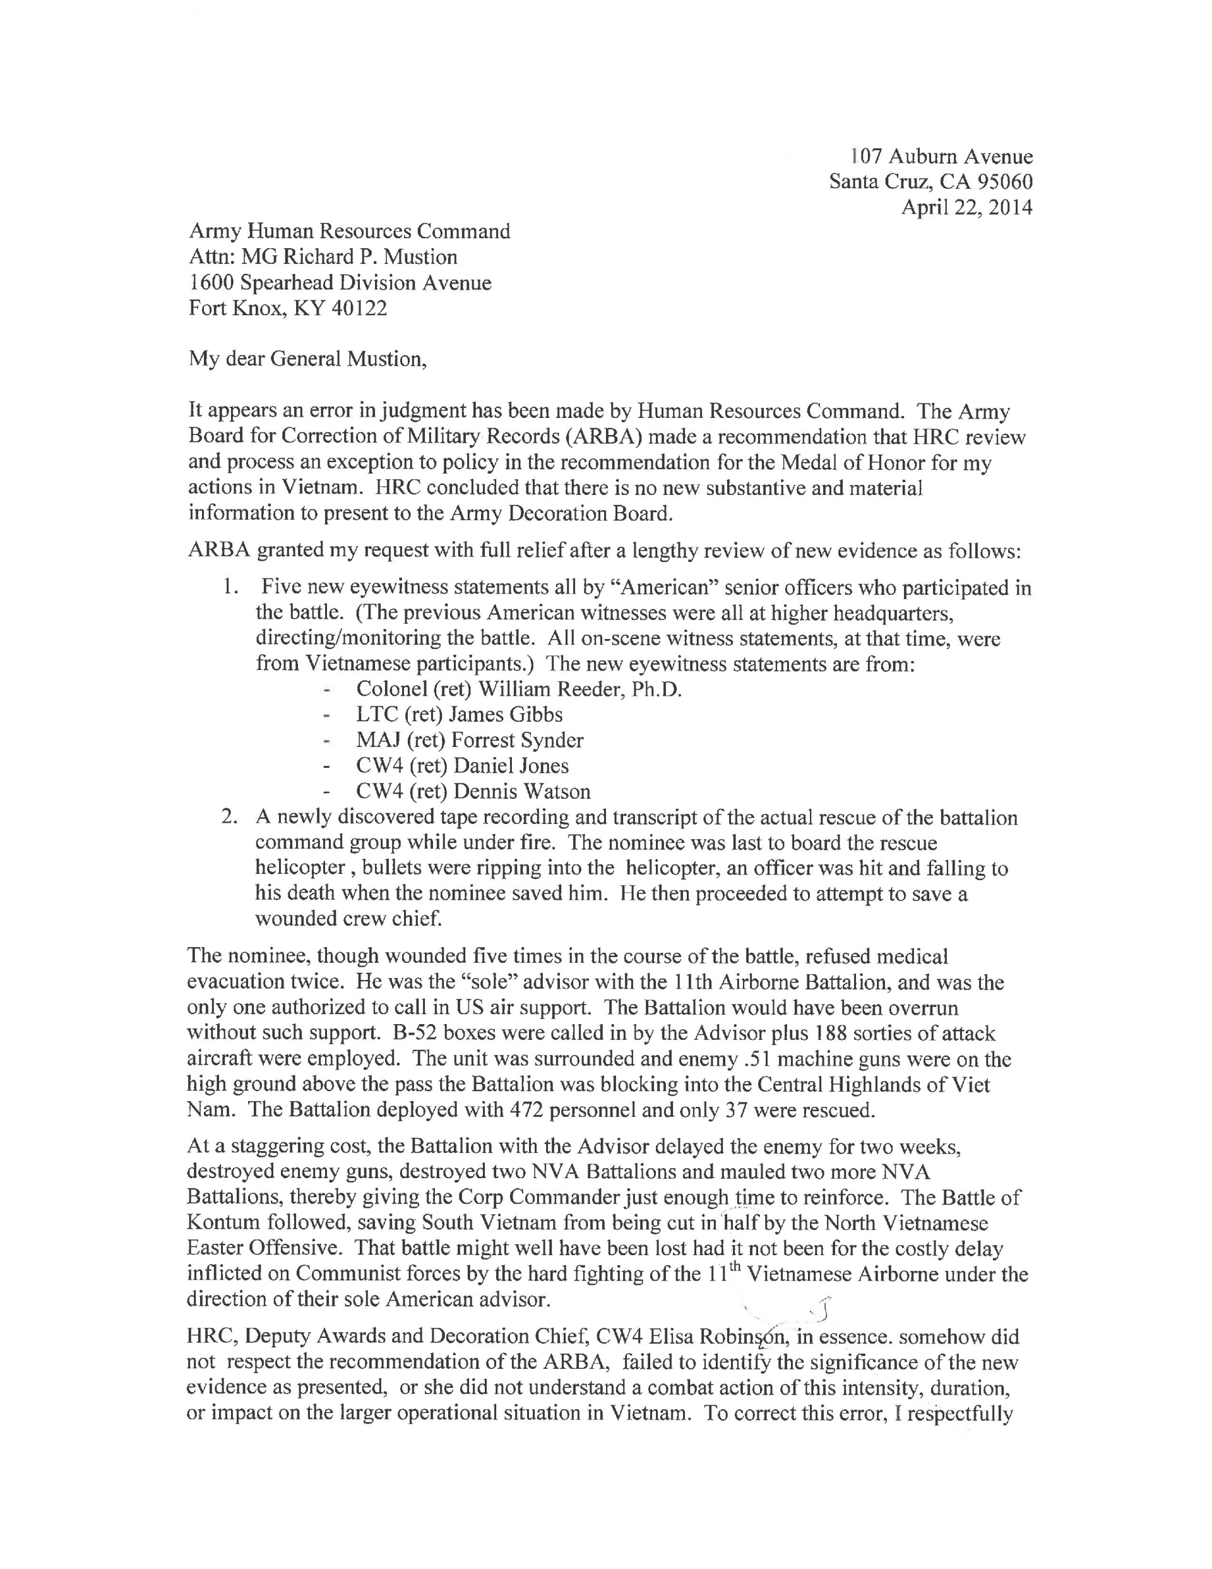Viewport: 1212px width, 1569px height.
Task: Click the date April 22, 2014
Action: [x=966, y=208]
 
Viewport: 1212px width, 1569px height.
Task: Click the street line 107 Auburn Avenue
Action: [x=941, y=157]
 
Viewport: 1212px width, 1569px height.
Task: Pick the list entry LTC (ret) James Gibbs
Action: [x=459, y=714]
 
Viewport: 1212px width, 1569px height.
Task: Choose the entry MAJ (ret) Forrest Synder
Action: [x=470, y=740]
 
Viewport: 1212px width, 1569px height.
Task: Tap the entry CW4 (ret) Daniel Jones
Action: [x=462, y=766]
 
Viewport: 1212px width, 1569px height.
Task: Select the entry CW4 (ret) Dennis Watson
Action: [x=473, y=792]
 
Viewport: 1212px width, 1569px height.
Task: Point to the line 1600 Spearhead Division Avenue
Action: [x=340, y=282]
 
